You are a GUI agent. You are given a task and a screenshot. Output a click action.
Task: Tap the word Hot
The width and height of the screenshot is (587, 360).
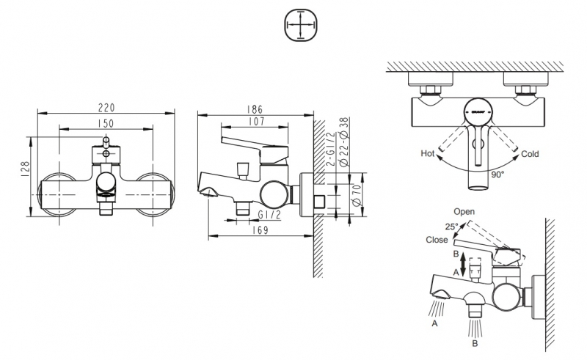(x=428, y=154)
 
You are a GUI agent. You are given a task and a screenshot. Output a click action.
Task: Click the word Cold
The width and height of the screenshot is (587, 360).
(x=531, y=154)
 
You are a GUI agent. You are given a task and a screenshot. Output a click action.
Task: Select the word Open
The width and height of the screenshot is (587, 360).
(x=464, y=212)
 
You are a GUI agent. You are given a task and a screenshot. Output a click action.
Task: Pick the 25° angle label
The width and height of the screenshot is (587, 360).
(x=451, y=226)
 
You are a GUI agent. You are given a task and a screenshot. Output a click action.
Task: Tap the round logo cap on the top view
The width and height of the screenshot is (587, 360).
(x=478, y=111)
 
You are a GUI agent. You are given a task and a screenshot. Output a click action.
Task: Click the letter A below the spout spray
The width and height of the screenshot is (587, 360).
(x=437, y=321)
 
